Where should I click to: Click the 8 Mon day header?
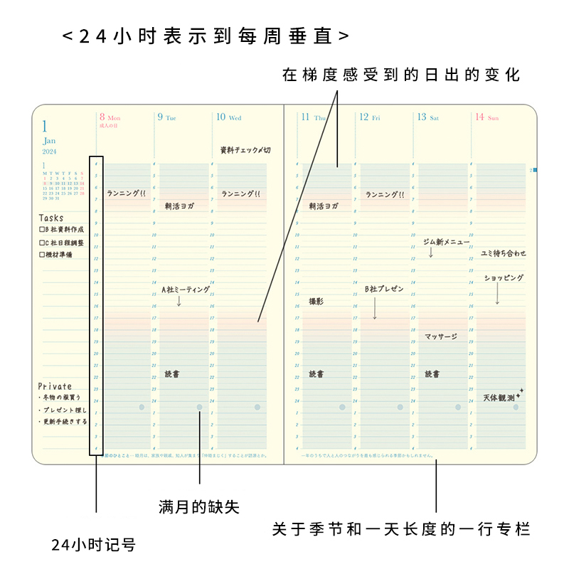[x=110, y=117]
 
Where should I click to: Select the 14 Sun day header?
[x=487, y=117]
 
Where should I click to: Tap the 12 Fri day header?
[x=369, y=117]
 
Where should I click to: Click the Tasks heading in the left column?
[x=51, y=218]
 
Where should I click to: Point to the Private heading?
[x=55, y=386]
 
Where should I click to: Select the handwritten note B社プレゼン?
[x=384, y=289]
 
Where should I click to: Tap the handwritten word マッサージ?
[x=441, y=336]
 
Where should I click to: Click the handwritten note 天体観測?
[x=499, y=398]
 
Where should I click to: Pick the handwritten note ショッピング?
[x=504, y=278]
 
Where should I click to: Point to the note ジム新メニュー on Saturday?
[x=446, y=242]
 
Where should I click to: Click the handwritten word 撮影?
[x=316, y=302]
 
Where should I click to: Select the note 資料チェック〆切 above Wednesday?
[x=245, y=150]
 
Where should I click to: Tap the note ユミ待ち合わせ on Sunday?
[x=504, y=253]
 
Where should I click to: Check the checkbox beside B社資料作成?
[x=42, y=230]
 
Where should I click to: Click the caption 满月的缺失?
[x=199, y=507]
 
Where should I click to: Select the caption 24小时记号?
[x=93, y=546]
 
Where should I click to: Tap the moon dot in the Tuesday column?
[x=199, y=408]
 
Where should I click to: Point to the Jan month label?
[x=49, y=141]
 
